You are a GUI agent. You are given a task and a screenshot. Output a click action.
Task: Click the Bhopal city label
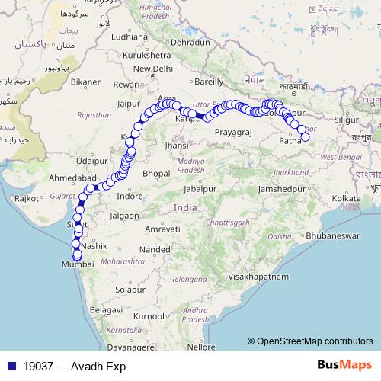155,174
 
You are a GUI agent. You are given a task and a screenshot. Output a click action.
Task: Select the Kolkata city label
346,198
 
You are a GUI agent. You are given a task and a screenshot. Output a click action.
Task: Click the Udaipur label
90,162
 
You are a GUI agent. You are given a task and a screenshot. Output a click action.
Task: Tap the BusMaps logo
345,366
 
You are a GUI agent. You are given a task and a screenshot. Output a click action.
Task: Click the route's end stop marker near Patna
305,137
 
